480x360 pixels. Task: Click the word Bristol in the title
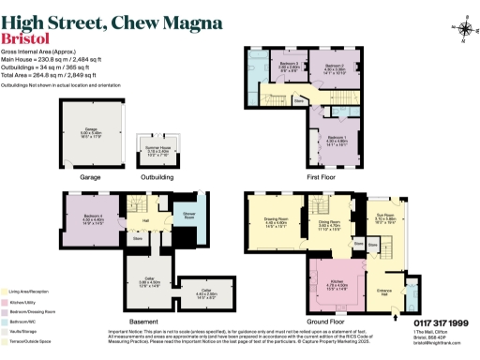[26, 38]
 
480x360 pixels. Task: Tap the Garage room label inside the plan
[89, 132]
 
